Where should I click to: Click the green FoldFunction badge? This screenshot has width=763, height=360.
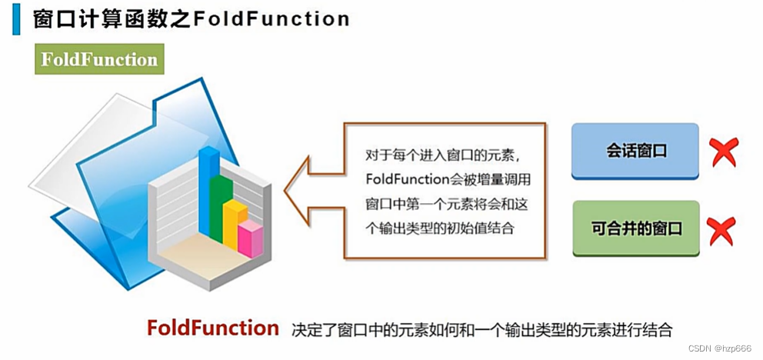(99, 59)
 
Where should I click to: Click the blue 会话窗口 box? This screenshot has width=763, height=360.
(635, 151)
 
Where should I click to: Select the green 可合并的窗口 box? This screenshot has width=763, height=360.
(635, 228)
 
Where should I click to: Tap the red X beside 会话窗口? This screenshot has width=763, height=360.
(724, 152)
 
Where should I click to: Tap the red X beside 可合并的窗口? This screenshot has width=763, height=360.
(721, 230)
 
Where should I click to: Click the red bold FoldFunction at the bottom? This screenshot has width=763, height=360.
(213, 328)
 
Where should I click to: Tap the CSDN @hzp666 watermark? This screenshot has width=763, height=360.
(718, 348)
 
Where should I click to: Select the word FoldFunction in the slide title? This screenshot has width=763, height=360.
(272, 18)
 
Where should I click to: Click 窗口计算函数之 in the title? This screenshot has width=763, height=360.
(112, 18)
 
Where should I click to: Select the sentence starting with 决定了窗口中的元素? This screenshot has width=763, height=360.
(482, 330)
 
